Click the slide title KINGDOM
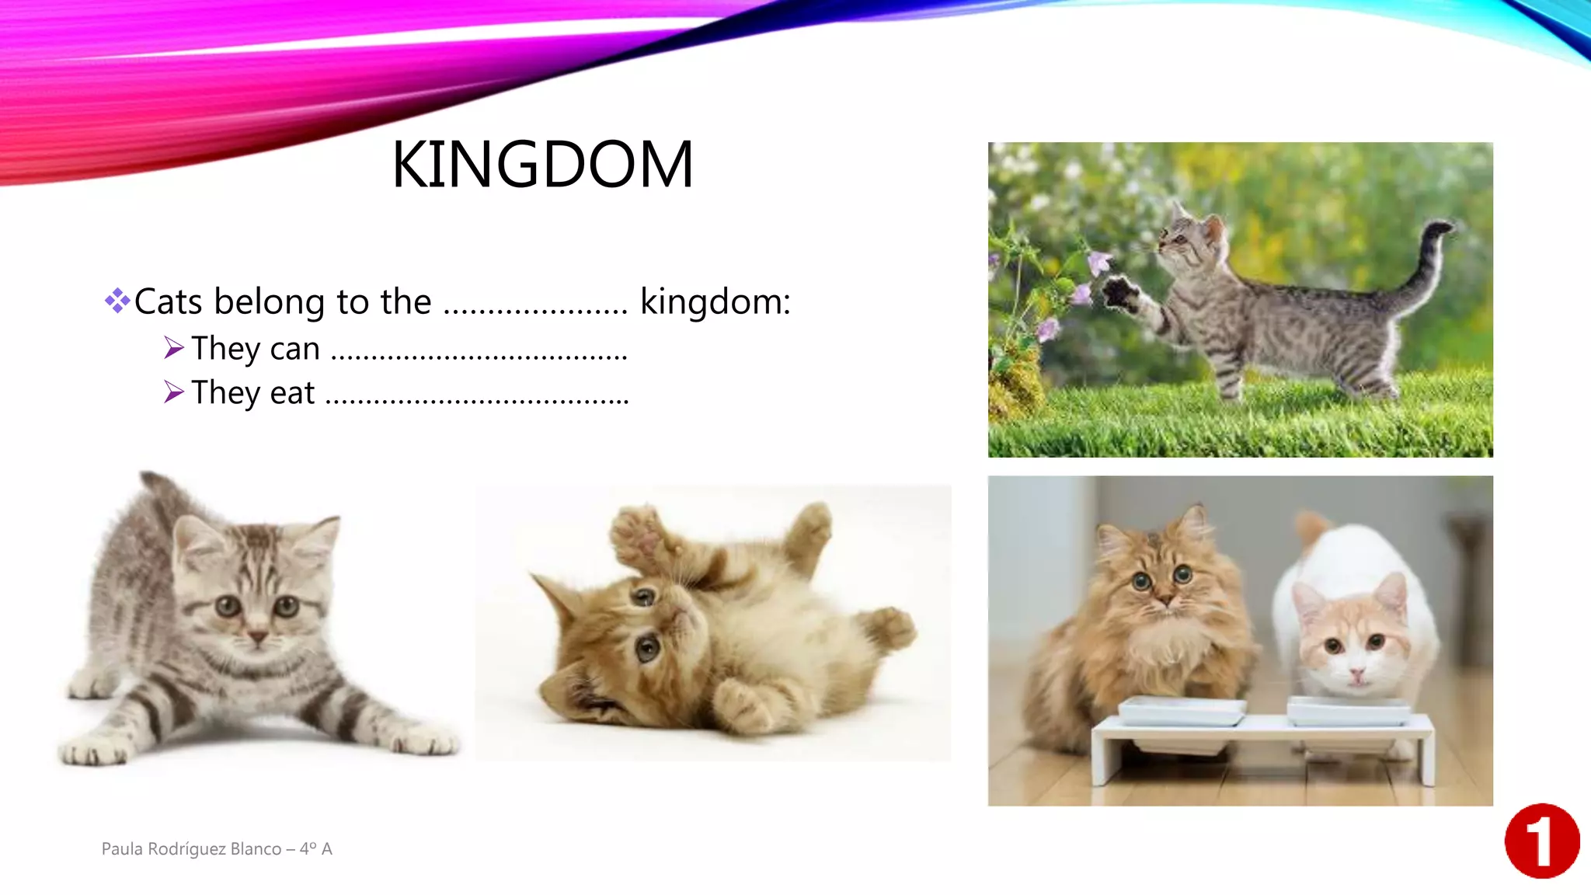(x=542, y=164)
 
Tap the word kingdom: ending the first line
(x=715, y=301)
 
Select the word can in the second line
(x=294, y=349)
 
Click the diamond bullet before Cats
(x=117, y=300)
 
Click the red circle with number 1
(x=1542, y=841)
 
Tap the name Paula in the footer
(x=122, y=848)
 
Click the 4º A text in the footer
(x=316, y=848)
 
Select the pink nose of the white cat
(x=1356, y=674)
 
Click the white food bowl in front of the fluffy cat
(x=1181, y=711)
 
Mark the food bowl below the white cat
(x=1349, y=711)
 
